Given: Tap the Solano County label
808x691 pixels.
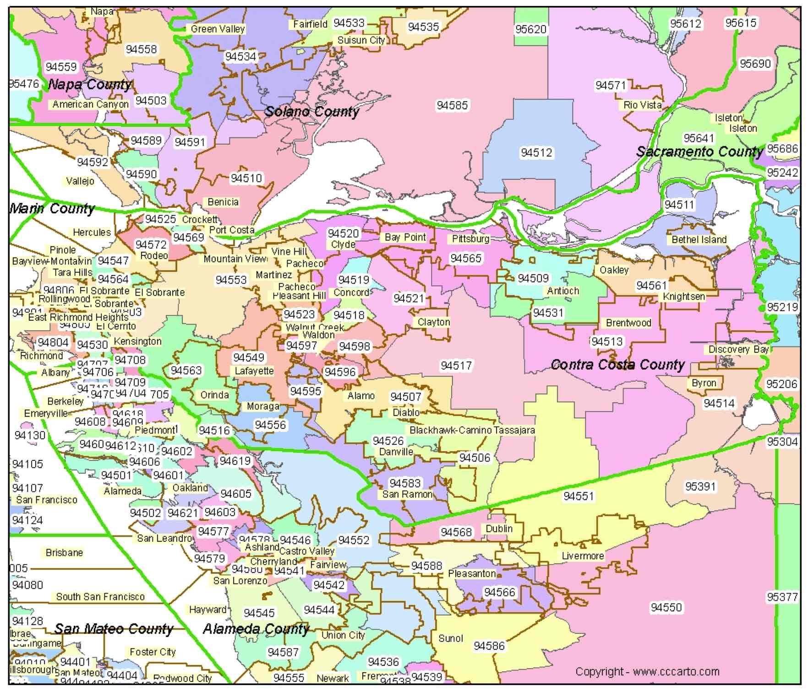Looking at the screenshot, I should pyautogui.click(x=312, y=111).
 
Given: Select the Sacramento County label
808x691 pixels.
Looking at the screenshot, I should pyautogui.click(x=699, y=151).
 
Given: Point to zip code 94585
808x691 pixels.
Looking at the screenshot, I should pyautogui.click(x=452, y=105).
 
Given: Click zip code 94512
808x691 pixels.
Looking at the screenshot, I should pyautogui.click(x=536, y=152).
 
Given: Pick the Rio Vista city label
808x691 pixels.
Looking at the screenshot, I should pyautogui.click(x=642, y=105).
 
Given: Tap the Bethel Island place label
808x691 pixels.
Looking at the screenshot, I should pyautogui.click(x=699, y=239).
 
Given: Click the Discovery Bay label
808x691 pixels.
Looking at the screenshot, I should pyautogui.click(x=738, y=349).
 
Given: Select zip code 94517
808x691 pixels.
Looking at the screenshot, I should pyautogui.click(x=456, y=365).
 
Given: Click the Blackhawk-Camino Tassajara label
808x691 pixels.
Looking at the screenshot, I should pyautogui.click(x=472, y=430).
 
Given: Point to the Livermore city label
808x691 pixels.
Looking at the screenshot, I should pyautogui.click(x=583, y=556).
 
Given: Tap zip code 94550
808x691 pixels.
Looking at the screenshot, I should pyautogui.click(x=666, y=607).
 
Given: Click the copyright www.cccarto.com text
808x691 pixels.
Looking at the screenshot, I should pyautogui.click(x=647, y=671).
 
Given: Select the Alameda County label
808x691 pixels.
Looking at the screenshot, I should pyautogui.click(x=256, y=629).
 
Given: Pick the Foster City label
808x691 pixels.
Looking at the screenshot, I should pyautogui.click(x=153, y=652).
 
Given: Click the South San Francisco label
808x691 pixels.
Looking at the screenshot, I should pyautogui.click(x=100, y=596).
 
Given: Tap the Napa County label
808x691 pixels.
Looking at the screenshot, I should pyautogui.click(x=90, y=84).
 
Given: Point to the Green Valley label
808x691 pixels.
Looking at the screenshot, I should pyautogui.click(x=218, y=29).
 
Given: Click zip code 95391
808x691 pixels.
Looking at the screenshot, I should pyautogui.click(x=700, y=486).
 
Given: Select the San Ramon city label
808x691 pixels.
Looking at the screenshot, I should pyautogui.click(x=407, y=494).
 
